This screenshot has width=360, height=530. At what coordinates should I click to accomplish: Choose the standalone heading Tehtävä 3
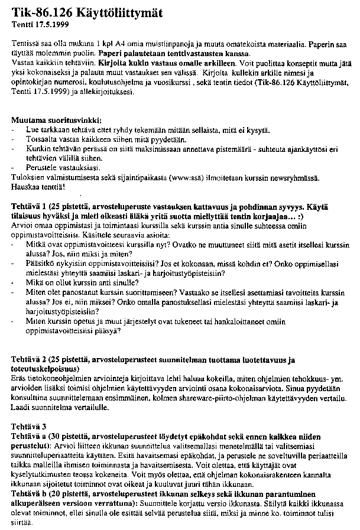(x=28, y=425)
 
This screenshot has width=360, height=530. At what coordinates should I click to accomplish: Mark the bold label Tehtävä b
(x=31, y=492)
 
